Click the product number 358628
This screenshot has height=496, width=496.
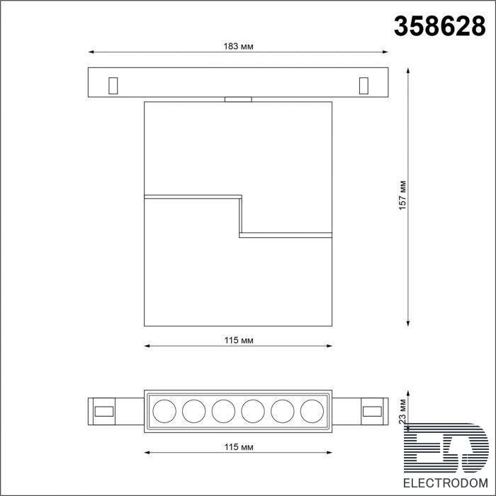pos(439,27)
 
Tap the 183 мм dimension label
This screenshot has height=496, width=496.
pos(238,47)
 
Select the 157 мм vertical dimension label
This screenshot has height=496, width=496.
pos(402,195)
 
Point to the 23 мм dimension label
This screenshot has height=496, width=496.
pos(402,411)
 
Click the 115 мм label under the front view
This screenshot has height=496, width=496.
pos(239,340)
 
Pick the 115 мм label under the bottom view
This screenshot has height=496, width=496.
pos(239,447)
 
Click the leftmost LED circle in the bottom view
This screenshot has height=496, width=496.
pos(164,411)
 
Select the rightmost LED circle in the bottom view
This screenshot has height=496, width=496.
pos(312,411)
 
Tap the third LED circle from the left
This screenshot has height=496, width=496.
pos(223,411)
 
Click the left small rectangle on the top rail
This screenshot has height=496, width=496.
pos(113,86)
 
